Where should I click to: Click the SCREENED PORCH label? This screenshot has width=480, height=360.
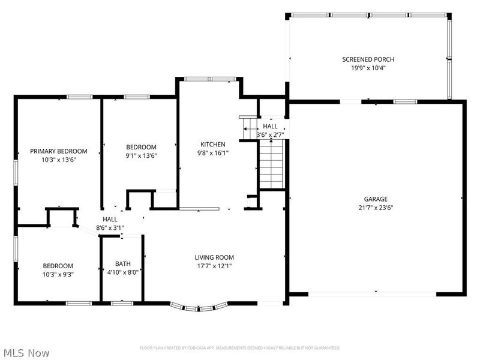tap(368, 59)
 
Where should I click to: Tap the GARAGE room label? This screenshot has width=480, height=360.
tap(376, 199)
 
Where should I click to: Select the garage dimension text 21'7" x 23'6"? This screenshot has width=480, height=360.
tap(376, 208)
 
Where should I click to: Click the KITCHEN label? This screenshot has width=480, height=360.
tap(212, 144)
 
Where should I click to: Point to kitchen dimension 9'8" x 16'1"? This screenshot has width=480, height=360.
tap(212, 153)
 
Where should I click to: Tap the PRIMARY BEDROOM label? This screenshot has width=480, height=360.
tap(59, 151)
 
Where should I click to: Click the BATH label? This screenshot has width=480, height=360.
tap(122, 265)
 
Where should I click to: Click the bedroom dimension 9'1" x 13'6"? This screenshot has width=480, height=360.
tap(141, 156)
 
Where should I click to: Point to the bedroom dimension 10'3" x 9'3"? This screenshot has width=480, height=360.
tap(58, 275)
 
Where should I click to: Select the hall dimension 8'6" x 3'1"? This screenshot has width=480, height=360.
tap(110, 228)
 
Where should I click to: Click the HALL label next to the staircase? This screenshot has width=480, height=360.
tap(270, 127)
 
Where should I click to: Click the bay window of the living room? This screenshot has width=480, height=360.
tap(198, 308)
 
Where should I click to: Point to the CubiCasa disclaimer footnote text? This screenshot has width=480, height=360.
tap(240, 348)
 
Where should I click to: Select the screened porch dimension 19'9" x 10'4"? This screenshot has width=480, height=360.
tap(368, 68)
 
